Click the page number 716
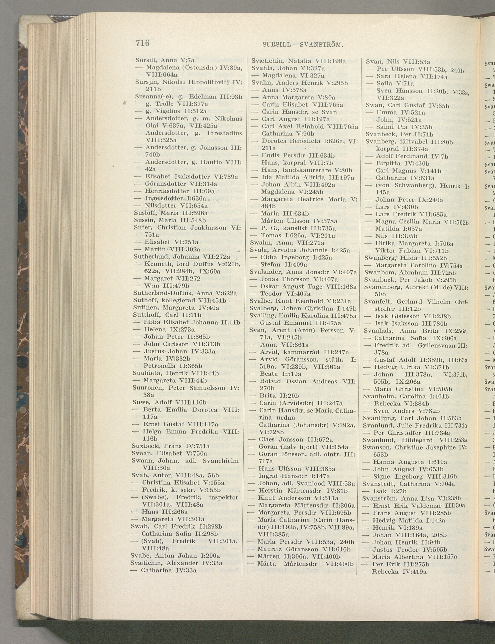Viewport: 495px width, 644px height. coord(143,43)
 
